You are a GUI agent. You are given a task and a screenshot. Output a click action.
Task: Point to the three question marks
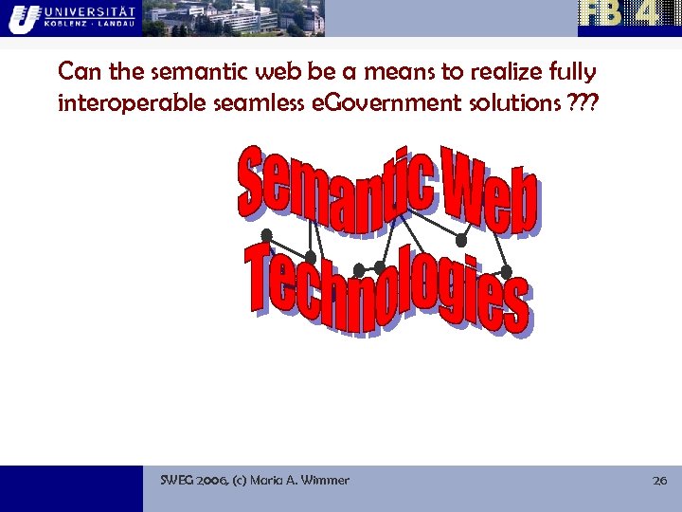[583, 102]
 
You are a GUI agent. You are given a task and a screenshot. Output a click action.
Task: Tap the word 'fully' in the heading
[571, 72]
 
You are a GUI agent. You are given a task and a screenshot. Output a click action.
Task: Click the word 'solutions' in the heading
[511, 103]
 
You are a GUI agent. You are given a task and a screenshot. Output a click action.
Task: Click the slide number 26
[660, 481]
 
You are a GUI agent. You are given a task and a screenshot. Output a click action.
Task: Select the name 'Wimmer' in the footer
[324, 481]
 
